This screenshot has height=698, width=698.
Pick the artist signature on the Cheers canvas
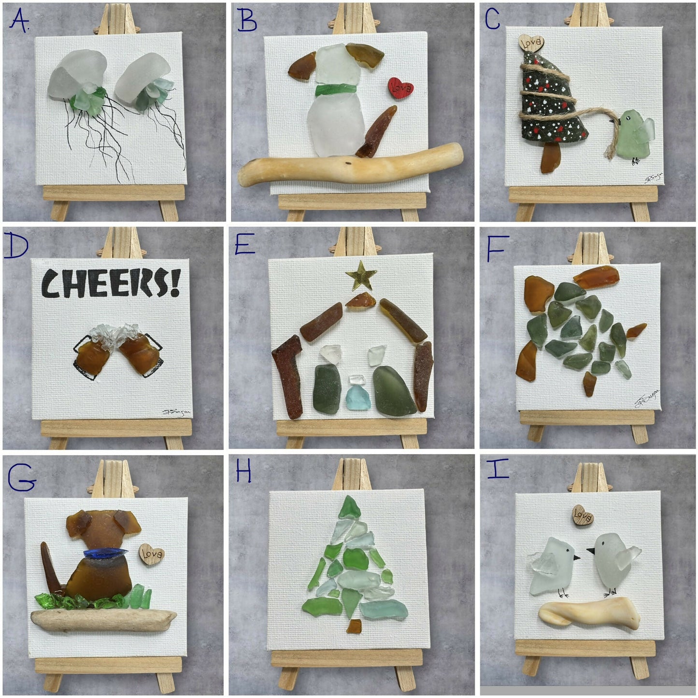[x=177, y=412]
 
